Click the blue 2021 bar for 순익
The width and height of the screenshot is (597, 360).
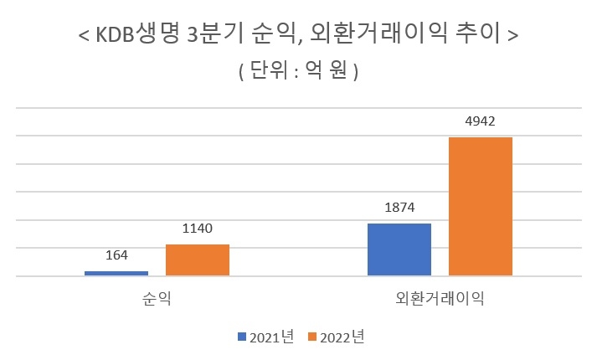[116, 273]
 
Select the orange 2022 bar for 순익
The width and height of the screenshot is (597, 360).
[198, 260]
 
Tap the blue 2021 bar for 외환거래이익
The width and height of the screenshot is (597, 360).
[399, 249]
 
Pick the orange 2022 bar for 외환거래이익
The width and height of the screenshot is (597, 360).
[481, 206]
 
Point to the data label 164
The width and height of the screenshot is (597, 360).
[116, 256]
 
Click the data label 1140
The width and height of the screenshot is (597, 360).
[198, 229]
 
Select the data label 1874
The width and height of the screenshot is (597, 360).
[399, 208]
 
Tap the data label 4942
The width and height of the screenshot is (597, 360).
[481, 121]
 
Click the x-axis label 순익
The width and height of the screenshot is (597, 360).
[157, 298]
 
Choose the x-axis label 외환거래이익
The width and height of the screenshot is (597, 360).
[440, 298]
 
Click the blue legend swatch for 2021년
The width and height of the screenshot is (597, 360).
[241, 337]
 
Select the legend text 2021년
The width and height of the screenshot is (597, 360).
[270, 337]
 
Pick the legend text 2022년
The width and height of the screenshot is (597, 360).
[342, 337]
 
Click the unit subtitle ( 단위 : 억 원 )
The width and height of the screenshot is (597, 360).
[298, 72]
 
